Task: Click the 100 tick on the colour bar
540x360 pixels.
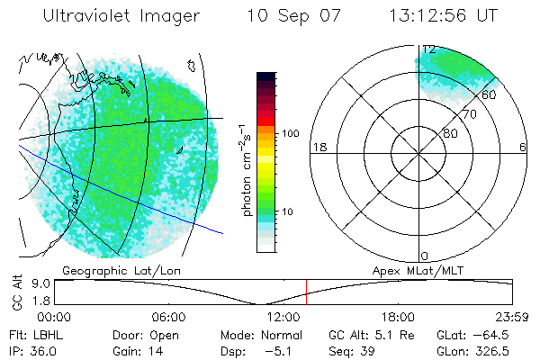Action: coord(290,133)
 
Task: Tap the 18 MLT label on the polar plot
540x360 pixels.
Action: coord(318,148)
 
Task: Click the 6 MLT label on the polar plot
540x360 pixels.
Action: coord(523,148)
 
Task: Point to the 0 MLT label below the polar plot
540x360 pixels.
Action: coord(424,256)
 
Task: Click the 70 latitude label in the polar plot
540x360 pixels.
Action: coord(468,114)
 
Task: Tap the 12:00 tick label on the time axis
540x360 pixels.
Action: coord(283,317)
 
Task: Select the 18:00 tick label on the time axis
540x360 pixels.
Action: coord(398,317)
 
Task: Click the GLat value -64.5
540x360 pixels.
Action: coord(473,333)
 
